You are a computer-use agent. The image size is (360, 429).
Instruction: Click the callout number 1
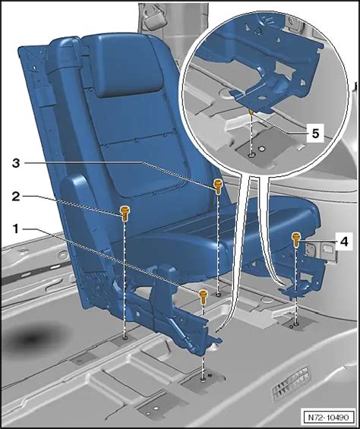click(x=16, y=229)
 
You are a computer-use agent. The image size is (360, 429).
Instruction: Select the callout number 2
click(x=16, y=196)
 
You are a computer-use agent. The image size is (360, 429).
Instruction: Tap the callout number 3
click(x=16, y=163)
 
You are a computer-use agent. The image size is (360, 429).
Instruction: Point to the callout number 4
click(x=344, y=241)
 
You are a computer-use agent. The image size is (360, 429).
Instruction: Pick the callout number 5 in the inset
click(x=315, y=134)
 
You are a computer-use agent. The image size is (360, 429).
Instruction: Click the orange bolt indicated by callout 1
click(x=203, y=296)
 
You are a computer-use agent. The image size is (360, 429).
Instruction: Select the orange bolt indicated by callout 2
click(x=125, y=213)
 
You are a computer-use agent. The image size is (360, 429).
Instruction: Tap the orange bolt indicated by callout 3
click(x=218, y=186)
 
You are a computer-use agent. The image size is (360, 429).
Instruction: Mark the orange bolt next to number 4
click(x=296, y=239)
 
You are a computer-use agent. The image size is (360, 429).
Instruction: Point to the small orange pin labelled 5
click(x=251, y=112)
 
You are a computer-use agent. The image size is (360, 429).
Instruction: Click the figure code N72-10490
click(x=329, y=418)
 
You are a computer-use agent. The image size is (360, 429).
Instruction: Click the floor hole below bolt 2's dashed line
click(x=125, y=338)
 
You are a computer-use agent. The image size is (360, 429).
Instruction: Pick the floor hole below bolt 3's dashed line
click(x=218, y=295)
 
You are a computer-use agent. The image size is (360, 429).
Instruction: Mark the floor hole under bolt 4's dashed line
click(x=296, y=324)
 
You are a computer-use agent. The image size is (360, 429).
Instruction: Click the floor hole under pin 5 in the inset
click(x=251, y=156)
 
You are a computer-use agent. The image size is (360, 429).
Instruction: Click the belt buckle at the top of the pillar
click(x=154, y=17)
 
